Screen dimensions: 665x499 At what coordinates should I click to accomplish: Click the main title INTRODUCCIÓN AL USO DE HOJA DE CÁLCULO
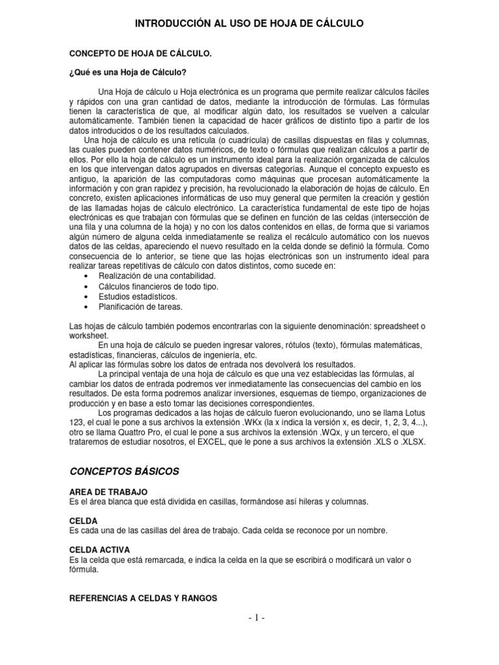pyautogui.click(x=249, y=24)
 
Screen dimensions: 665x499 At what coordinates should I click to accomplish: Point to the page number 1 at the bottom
pyautogui.click(x=249, y=618)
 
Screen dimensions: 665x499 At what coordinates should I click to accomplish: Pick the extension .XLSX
pyautogui.click(x=413, y=443)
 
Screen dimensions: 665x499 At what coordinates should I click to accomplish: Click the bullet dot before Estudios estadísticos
pyautogui.click(x=87, y=297)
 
